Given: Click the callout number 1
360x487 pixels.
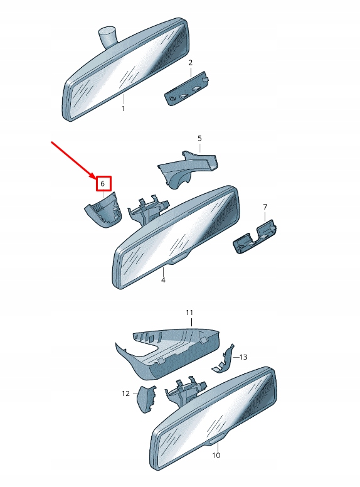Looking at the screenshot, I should [x=123, y=109].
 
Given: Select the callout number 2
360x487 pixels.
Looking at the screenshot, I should [x=191, y=63].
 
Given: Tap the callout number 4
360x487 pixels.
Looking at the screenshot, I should [x=163, y=280].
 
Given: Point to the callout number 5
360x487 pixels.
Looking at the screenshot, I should [x=199, y=138].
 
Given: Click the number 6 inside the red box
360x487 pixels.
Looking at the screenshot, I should [x=102, y=184].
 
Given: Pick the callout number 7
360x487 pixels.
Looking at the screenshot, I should [x=265, y=206].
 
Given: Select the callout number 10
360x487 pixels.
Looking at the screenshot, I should [x=216, y=455].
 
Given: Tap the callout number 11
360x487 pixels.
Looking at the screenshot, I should [x=189, y=312].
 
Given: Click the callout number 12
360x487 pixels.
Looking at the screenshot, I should [x=125, y=393].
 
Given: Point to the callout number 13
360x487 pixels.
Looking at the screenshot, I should [x=243, y=357].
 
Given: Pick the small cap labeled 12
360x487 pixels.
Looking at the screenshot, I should [x=146, y=398].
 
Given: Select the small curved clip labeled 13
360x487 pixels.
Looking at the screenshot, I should [x=224, y=361].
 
